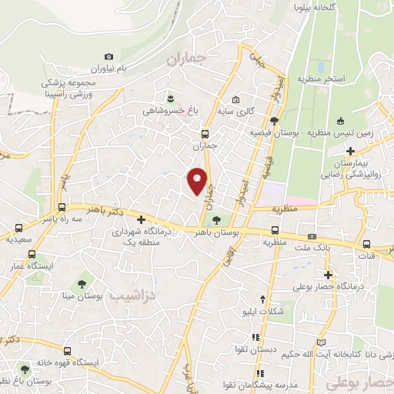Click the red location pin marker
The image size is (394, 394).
click(x=198, y=180)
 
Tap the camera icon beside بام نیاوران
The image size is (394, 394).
click(x=109, y=56)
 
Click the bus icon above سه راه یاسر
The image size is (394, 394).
click(x=62, y=207)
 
